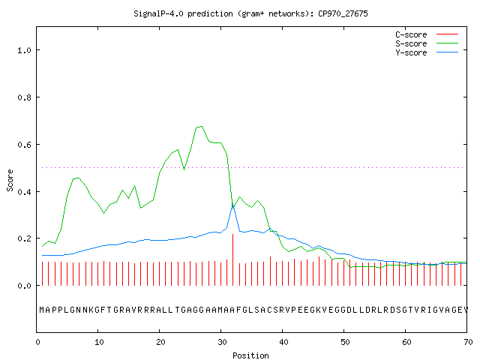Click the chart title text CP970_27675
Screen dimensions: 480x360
click(343, 13)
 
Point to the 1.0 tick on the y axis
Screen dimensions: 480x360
click(24, 50)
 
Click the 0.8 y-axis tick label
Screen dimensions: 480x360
click(24, 97)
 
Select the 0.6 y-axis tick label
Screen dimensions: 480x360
click(24, 145)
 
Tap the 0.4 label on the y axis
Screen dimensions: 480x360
click(24, 192)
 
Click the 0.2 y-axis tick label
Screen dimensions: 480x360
click(24, 238)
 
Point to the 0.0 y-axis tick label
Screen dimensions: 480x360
click(24, 286)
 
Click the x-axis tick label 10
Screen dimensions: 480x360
click(99, 342)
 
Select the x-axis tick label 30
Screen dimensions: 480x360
click(222, 342)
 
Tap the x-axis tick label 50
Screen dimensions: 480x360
click(345, 342)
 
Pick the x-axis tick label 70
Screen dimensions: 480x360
click(468, 342)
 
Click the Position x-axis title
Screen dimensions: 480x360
click(250, 355)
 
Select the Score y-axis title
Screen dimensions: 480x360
click(10, 181)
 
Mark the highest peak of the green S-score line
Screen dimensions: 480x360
click(201, 126)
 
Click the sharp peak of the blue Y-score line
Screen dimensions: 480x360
click(232, 204)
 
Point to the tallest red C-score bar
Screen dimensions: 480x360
click(233, 260)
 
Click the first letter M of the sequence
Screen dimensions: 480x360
click(42, 310)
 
